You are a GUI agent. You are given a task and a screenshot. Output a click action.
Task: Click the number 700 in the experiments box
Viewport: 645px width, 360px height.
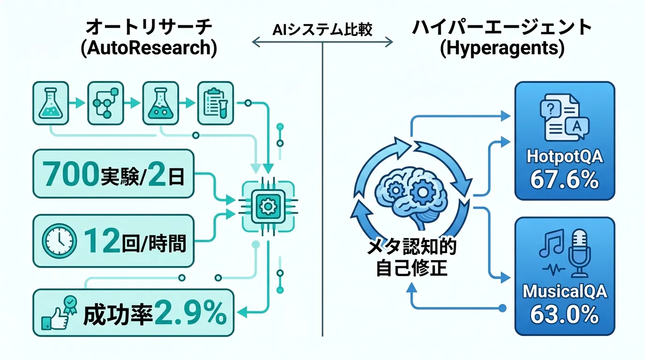70,174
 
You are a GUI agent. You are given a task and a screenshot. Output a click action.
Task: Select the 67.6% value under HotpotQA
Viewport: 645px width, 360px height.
564,180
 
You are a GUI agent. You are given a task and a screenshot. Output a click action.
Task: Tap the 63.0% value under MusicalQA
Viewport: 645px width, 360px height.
564,315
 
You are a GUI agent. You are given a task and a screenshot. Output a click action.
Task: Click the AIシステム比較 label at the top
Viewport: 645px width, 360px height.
322,30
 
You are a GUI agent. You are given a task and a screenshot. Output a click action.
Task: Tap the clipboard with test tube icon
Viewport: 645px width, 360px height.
215,103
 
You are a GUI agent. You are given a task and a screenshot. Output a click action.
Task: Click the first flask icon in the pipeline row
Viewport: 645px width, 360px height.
51,103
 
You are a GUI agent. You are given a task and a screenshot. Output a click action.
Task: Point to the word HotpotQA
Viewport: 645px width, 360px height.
564,157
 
